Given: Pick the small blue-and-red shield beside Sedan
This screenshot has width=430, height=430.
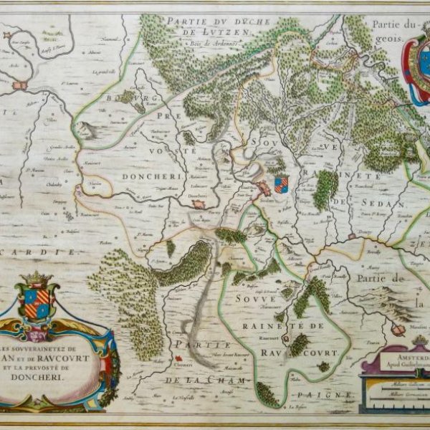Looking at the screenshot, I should point(281,183).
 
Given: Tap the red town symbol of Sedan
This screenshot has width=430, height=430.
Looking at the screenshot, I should point(264,188).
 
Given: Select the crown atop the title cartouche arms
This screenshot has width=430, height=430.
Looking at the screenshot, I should point(34,278).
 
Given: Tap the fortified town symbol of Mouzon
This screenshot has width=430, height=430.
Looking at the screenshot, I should point(398,329).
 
